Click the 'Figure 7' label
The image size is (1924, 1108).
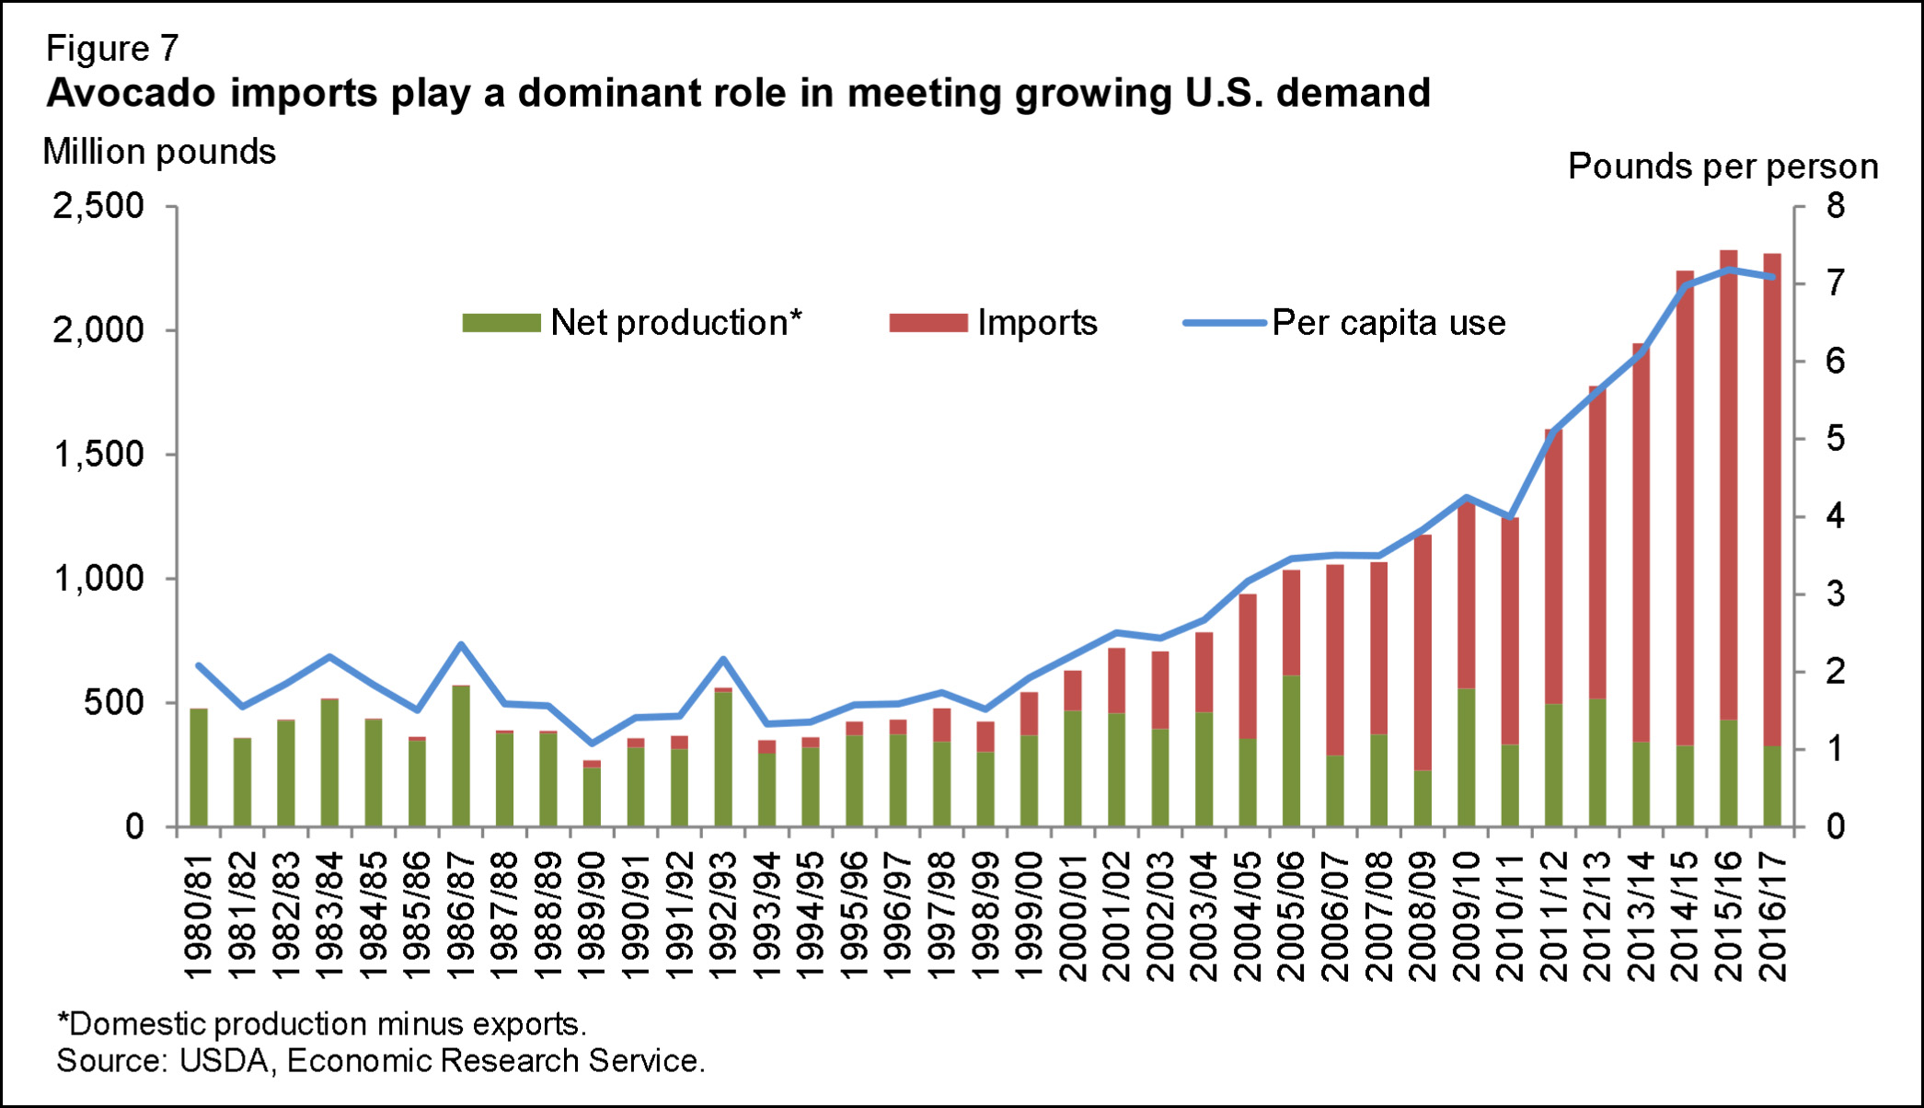112,49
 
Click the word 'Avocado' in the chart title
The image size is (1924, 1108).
120,93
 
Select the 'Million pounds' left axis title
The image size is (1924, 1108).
159,152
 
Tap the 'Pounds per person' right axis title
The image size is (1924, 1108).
1722,167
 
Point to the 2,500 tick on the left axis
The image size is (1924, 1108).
98,205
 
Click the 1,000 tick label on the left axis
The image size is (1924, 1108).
98,579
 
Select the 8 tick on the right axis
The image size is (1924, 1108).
1835,205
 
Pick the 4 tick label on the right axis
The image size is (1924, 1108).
1835,516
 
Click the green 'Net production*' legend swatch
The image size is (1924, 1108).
501,323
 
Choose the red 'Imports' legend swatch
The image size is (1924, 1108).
928,323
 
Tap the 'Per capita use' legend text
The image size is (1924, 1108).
1388,323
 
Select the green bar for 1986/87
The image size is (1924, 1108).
461,755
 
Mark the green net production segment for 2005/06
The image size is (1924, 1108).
1292,750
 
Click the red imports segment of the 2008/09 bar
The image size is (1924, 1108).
1423,653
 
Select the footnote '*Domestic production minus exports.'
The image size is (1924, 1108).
322,1023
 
